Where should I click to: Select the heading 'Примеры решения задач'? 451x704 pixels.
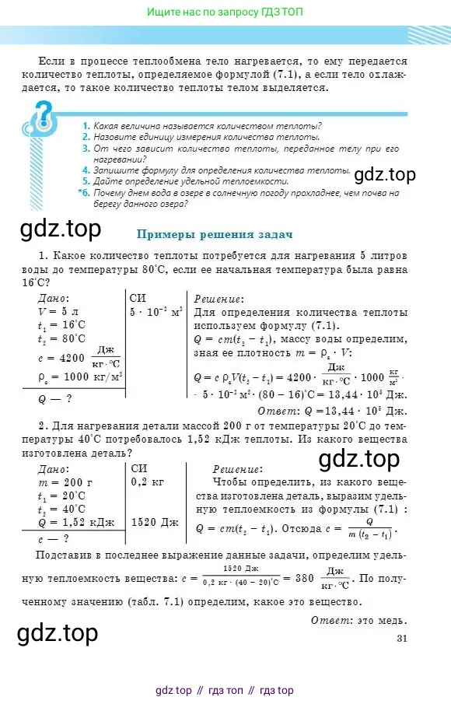pyautogui.click(x=214, y=233)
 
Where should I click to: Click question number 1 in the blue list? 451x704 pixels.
pyautogui.click(x=86, y=125)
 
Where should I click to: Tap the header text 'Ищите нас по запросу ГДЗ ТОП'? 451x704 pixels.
pyautogui.click(x=225, y=12)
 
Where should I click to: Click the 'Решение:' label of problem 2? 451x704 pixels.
pyautogui.click(x=237, y=469)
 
